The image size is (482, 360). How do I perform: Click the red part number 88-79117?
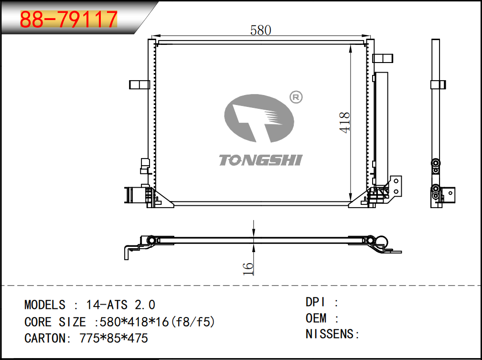(68, 19)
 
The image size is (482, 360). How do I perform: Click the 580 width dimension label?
(260, 30)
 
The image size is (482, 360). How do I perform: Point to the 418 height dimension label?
(344, 123)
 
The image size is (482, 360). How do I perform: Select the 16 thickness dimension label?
(248, 269)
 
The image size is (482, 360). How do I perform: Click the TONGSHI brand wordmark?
(261, 160)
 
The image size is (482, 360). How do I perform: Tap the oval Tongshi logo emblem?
(259, 118)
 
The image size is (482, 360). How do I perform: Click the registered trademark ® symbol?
(296, 97)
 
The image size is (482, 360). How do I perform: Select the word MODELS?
(45, 305)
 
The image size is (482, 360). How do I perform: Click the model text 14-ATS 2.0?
(120, 305)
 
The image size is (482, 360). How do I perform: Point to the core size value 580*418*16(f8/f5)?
(157, 322)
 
